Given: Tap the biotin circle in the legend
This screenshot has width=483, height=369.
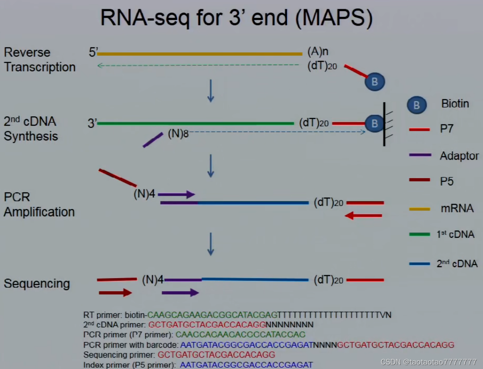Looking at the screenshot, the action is [x=417, y=105].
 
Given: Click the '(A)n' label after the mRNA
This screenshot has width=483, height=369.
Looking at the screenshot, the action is [x=318, y=52].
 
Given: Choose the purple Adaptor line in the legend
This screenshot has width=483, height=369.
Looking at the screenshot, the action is [x=420, y=155].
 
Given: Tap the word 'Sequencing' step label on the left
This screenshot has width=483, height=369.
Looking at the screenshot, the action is [x=37, y=284].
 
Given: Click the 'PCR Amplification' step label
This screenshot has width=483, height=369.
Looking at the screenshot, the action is [x=39, y=204].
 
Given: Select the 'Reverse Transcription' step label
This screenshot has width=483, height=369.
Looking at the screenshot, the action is [x=39, y=59].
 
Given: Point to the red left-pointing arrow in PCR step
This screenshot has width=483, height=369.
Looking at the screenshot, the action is [x=363, y=216].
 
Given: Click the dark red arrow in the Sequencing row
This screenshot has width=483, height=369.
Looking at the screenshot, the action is [x=116, y=293].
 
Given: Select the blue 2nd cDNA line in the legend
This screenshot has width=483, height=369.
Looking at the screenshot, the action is [x=420, y=264].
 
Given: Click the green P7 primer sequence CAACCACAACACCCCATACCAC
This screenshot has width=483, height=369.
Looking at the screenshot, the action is [x=241, y=335].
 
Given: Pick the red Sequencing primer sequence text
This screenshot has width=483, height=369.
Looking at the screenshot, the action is [x=217, y=355].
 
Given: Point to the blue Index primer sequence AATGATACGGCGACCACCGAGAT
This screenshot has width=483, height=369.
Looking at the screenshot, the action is [x=246, y=365].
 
